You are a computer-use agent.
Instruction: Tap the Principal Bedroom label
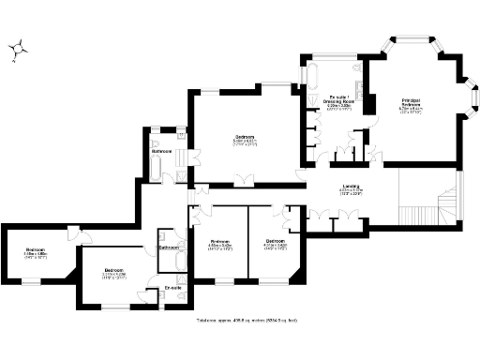[411, 101]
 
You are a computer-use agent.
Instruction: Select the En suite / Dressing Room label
[339, 99]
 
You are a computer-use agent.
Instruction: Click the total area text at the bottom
[241, 320]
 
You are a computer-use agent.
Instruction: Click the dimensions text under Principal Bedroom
[411, 111]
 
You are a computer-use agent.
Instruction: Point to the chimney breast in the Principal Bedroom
[369, 106]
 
